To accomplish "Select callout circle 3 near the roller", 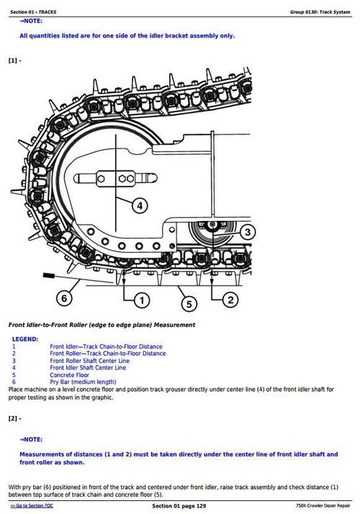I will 247,232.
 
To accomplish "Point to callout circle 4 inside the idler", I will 140,205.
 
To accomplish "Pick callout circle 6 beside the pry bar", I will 64,297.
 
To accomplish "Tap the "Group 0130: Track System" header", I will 320,12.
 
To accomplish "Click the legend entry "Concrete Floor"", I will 69,374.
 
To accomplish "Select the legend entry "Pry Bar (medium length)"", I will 83,382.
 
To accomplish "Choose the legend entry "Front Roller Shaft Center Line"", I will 89,360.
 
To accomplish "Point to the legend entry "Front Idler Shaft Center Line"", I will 87,367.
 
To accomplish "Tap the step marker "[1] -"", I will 14,60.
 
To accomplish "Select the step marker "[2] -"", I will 14,418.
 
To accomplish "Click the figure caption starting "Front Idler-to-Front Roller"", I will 102,325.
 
